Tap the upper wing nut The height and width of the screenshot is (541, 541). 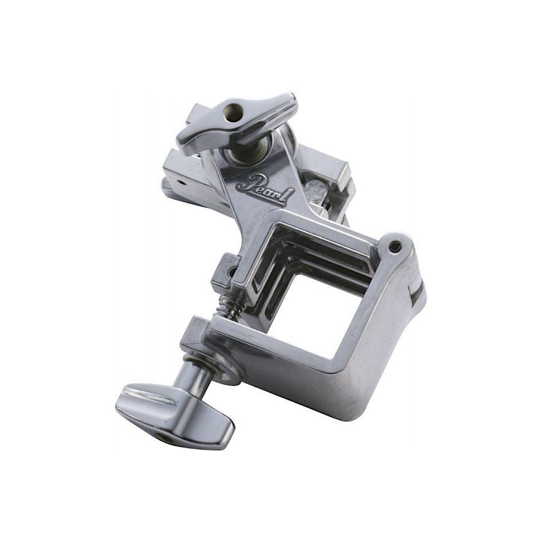(237, 123)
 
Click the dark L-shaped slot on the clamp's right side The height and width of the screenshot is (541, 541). (417, 293)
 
